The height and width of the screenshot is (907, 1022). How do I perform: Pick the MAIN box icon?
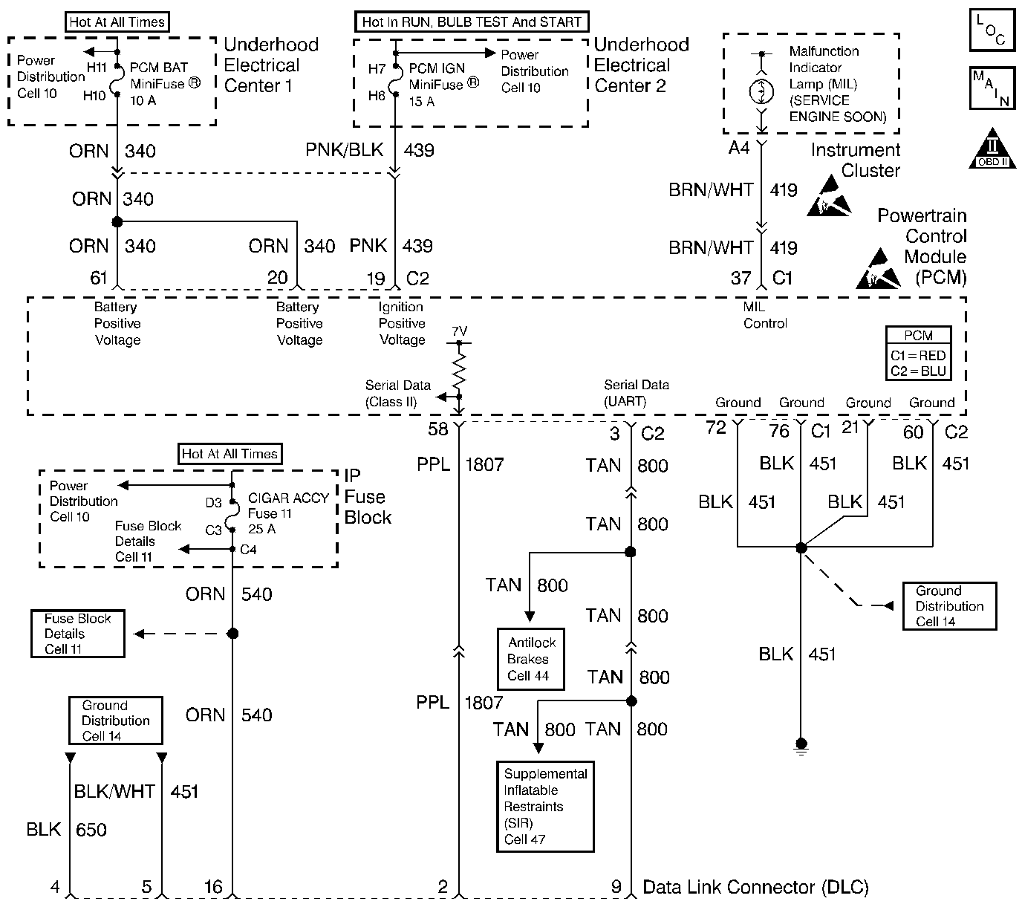point(992,88)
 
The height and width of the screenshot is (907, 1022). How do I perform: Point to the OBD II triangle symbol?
point(993,151)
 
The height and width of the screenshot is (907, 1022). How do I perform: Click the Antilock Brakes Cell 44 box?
point(530,659)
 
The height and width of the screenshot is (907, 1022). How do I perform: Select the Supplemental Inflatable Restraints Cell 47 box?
point(545,806)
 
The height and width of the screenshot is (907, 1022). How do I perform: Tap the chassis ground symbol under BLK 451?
point(801,745)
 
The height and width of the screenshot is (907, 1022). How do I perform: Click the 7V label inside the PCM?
point(459,331)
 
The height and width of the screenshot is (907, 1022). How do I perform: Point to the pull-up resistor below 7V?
point(459,371)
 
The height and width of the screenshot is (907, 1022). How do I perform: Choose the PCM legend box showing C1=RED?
point(918,355)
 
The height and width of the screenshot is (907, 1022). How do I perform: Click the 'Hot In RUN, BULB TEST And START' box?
point(472,22)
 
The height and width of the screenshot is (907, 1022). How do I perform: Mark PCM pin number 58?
point(438,429)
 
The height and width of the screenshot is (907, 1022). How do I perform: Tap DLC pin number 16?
point(213,887)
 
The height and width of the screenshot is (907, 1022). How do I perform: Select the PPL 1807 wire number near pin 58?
point(484,465)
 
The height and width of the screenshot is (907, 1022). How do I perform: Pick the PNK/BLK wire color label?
point(344,150)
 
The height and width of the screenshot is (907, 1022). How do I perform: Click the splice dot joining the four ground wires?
point(801,547)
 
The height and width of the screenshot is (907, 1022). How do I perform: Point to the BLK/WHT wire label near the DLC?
point(114,792)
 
